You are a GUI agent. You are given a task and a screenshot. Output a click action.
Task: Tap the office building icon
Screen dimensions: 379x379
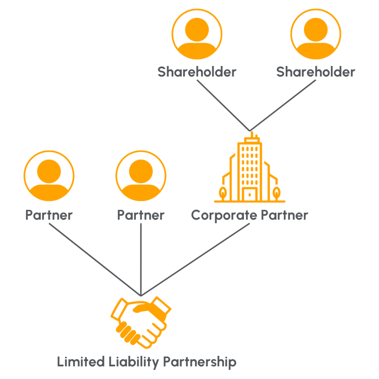tap(250, 169)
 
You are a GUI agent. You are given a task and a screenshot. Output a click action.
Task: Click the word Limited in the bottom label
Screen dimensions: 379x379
tap(81, 362)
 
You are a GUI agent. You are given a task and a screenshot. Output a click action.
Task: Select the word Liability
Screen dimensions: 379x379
tap(134, 362)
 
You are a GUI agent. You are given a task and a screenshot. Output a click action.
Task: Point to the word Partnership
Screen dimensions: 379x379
tap(199, 362)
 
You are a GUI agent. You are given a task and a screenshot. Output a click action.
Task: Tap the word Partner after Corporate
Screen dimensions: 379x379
tap(285, 215)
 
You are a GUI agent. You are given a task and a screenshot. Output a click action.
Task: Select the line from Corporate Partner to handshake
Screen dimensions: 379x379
tap(195, 259)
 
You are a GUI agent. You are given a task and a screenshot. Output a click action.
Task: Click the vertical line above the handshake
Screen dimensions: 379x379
tap(141, 259)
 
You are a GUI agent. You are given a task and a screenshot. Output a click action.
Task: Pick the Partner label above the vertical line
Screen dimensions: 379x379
tap(141, 215)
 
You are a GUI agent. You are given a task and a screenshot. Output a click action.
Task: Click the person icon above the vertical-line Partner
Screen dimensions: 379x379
tap(141, 176)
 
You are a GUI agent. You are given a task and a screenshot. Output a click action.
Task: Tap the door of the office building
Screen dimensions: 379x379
tap(250, 194)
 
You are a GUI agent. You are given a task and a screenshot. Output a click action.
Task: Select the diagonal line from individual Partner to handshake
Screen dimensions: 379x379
tap(95, 259)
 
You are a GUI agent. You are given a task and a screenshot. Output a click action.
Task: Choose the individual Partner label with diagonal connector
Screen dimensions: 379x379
tap(49, 215)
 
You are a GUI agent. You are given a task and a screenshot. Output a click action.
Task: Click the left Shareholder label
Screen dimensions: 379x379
tap(197, 72)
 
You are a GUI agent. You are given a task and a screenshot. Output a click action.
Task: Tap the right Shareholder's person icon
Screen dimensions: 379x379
tap(316, 34)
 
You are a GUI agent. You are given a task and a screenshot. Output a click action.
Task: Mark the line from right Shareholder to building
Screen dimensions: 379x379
tap(283, 105)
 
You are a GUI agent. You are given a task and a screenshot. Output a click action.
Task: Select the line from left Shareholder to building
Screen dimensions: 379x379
tap(223, 105)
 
